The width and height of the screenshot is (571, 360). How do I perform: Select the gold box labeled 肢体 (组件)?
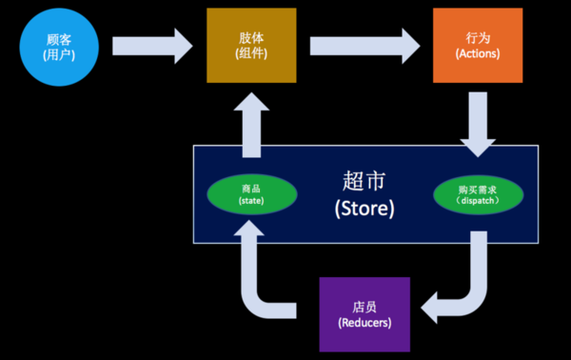(253, 44)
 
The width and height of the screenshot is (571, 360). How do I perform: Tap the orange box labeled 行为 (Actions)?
(477, 44)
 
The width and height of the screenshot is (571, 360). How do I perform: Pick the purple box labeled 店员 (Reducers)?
(365, 314)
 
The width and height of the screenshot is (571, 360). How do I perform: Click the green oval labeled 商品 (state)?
(252, 194)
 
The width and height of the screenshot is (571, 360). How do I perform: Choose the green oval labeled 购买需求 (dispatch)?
(477, 194)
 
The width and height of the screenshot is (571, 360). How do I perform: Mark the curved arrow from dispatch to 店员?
(461, 286)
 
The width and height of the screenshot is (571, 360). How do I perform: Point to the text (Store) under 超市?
(365, 208)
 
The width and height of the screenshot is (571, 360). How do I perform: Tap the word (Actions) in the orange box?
(477, 53)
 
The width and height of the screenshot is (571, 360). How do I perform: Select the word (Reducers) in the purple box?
(365, 324)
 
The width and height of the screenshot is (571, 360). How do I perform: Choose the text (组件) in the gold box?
(253, 53)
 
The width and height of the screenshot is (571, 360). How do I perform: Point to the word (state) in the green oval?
(252, 202)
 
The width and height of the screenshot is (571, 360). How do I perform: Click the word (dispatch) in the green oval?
(477, 202)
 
